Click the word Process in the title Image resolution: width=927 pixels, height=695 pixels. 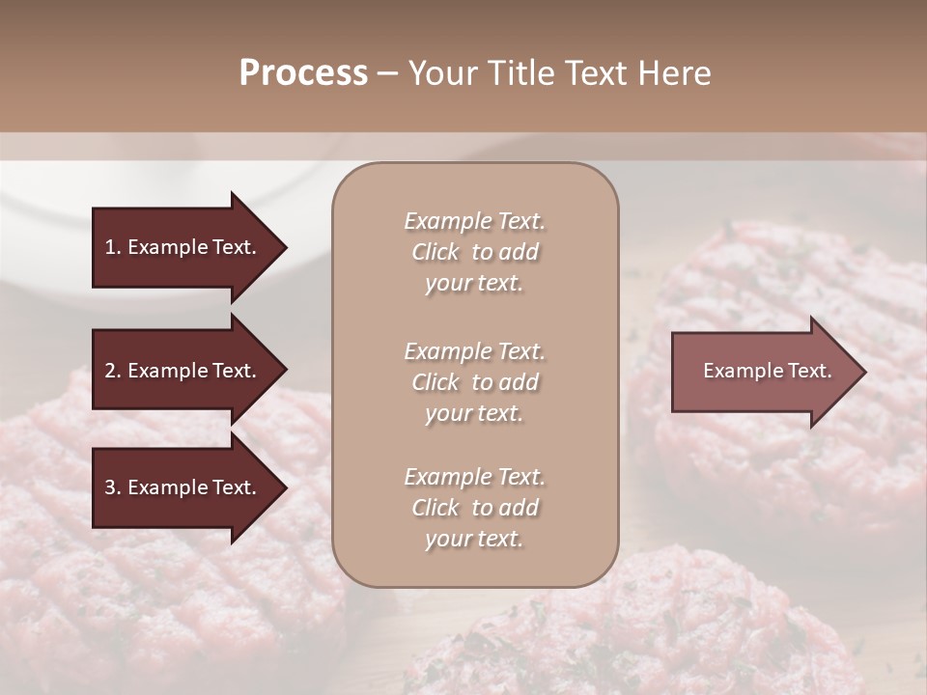[x=303, y=73]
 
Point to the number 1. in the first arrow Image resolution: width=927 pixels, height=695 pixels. [x=112, y=247]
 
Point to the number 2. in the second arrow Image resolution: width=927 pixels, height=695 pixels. [x=112, y=371]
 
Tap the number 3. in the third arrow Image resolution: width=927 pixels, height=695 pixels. [x=112, y=487]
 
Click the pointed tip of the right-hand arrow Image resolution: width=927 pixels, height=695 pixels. [x=862, y=372]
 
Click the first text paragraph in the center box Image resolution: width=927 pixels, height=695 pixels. [x=474, y=252]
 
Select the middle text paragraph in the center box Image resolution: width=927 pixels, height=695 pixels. [x=474, y=382]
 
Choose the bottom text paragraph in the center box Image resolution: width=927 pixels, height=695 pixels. [x=474, y=508]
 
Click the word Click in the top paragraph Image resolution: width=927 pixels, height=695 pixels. [x=435, y=252]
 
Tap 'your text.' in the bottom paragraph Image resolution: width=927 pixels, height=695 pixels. [x=474, y=539]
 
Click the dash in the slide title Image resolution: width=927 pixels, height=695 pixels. [x=387, y=74]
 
